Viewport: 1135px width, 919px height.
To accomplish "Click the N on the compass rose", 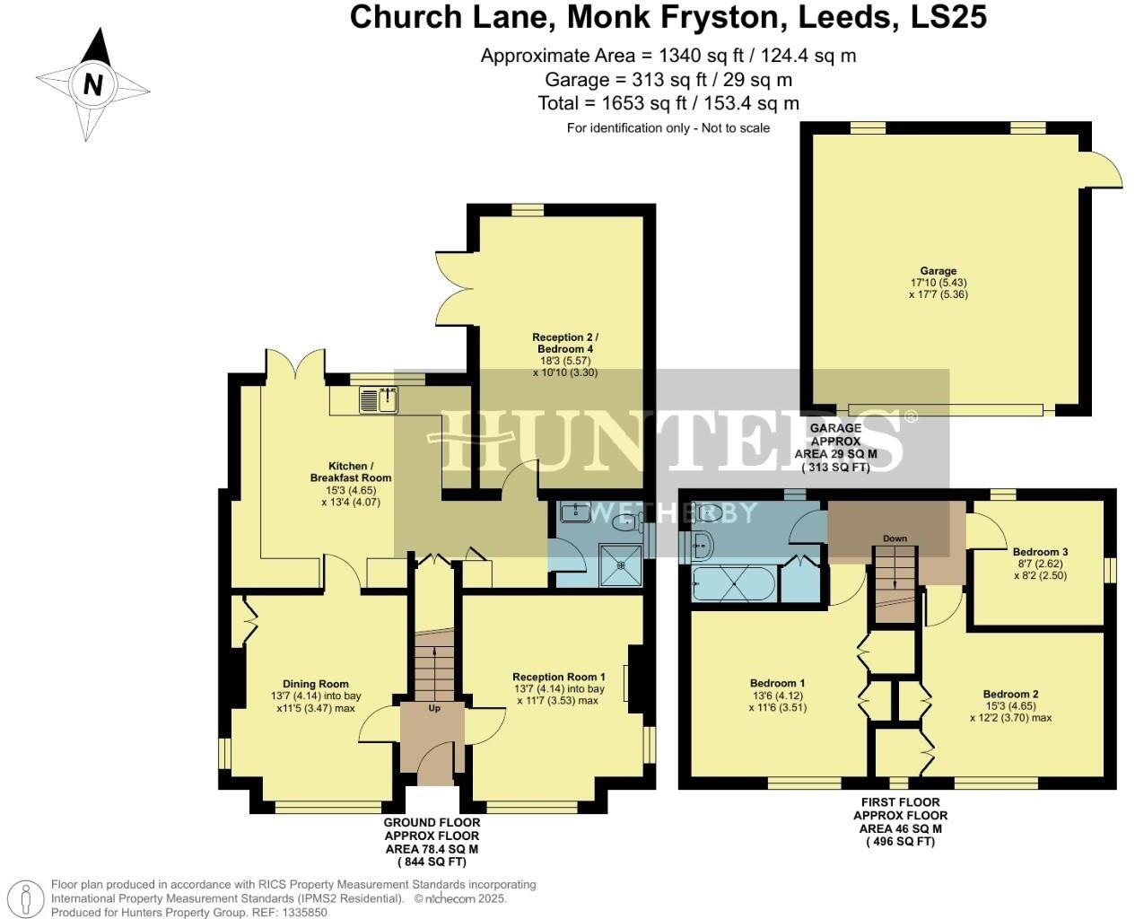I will [x=92, y=84].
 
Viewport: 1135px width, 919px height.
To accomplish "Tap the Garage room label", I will [x=938, y=271].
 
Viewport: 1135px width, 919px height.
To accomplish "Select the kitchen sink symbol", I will [x=379, y=400].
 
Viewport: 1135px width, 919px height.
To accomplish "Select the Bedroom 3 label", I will [x=1040, y=552].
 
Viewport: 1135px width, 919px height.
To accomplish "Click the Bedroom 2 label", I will [x=1010, y=694].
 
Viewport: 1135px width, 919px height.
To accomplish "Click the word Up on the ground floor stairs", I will [x=434, y=708].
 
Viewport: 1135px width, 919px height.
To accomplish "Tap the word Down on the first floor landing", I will [x=895, y=538].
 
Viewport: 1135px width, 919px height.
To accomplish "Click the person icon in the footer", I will [x=30, y=897].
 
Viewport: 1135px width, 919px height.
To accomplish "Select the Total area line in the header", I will [x=668, y=103].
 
